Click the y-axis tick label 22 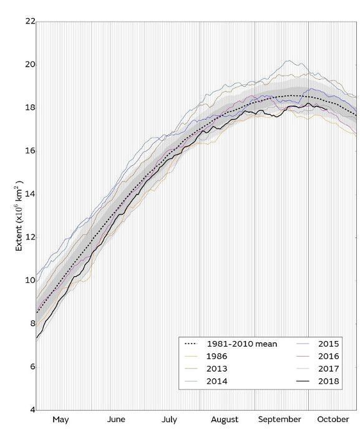(28, 22)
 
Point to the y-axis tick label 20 (28, 65)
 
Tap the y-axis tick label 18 (28, 108)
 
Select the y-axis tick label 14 (28, 194)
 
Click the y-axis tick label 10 (28, 281)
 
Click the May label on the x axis (61, 420)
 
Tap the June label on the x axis (117, 420)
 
